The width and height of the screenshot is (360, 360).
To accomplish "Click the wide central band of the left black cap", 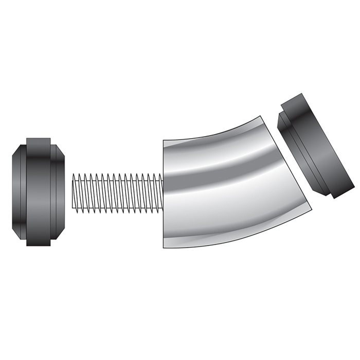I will click(x=38, y=192).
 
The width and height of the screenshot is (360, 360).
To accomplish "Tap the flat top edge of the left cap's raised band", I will click(x=39, y=138).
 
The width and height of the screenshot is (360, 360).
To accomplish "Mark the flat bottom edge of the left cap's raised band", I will click(x=39, y=245).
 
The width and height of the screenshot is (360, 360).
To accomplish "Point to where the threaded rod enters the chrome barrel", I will click(x=163, y=192).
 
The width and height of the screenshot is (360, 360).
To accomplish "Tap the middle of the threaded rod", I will click(x=118, y=192).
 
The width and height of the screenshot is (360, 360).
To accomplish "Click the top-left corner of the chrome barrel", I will click(x=164, y=140).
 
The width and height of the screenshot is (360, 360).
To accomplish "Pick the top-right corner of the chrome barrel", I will click(x=266, y=117).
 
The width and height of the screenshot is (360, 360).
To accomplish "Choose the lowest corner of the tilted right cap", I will click(x=335, y=198).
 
